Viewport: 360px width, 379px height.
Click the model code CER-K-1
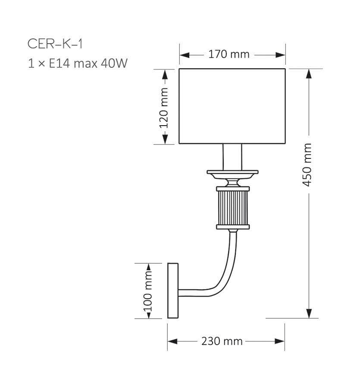pyautogui.click(x=55, y=44)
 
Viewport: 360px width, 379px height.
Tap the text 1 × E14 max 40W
pyautogui.click(x=78, y=64)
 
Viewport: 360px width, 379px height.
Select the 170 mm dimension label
pyautogui.click(x=229, y=55)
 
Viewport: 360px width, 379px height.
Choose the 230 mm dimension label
pyautogui.click(x=222, y=341)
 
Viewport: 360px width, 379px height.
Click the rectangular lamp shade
pyautogui.click(x=232, y=106)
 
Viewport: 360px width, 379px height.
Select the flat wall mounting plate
pyautogui.click(x=172, y=291)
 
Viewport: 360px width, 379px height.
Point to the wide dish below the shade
pyautogui.click(x=232, y=174)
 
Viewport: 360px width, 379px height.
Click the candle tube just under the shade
pyautogui.click(x=232, y=156)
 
